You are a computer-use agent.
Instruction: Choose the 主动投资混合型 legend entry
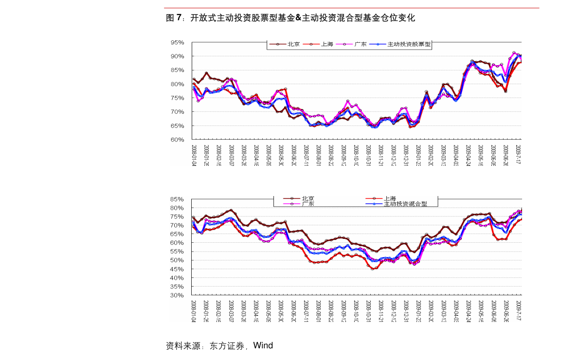pos(405,204)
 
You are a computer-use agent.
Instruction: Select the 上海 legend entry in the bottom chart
pos(389,198)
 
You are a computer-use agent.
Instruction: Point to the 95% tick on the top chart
pos(177,43)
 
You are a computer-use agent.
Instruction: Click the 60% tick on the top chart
pos(177,140)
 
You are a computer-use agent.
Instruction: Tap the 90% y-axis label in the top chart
pos(177,56)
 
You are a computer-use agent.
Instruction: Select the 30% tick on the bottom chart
pos(176,295)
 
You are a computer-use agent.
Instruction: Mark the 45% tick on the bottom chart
pos(176,269)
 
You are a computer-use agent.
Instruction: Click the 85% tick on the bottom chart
pos(176,199)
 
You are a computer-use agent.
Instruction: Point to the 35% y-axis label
pos(176,287)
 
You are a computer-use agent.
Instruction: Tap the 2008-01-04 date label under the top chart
pos(194,155)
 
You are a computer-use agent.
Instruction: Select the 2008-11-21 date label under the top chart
pos(381,155)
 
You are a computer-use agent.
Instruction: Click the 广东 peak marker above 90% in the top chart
pos(514,53)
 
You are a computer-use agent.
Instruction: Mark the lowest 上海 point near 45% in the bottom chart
pos(373,269)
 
